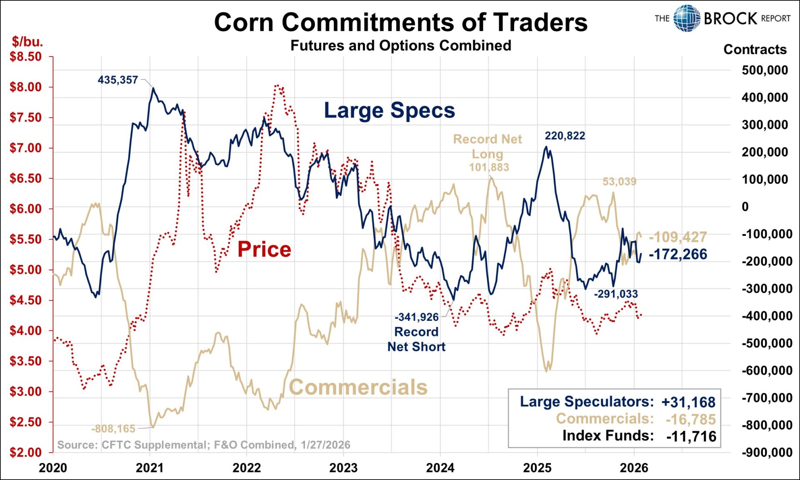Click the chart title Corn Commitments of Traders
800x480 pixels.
(x=400, y=22)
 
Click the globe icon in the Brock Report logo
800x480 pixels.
(x=687, y=18)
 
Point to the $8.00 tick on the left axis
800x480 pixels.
(x=26, y=87)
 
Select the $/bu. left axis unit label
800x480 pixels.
(x=27, y=42)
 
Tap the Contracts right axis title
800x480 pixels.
(x=755, y=50)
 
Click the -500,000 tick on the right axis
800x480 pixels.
(x=767, y=343)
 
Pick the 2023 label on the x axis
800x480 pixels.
(x=343, y=468)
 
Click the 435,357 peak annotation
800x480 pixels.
(x=117, y=80)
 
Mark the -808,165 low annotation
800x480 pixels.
(x=113, y=429)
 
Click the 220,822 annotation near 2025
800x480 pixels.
(x=565, y=136)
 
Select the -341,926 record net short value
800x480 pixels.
(x=416, y=317)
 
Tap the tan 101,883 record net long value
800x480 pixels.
(x=489, y=167)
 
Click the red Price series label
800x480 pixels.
(x=264, y=250)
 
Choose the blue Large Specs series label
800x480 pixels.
(x=389, y=110)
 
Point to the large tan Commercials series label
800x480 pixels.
(x=358, y=387)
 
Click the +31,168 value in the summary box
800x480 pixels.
(x=688, y=402)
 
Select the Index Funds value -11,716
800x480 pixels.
(x=691, y=436)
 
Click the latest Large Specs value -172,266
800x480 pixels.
(x=677, y=254)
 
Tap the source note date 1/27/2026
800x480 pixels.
(x=325, y=445)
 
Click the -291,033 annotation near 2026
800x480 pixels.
(x=615, y=294)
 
